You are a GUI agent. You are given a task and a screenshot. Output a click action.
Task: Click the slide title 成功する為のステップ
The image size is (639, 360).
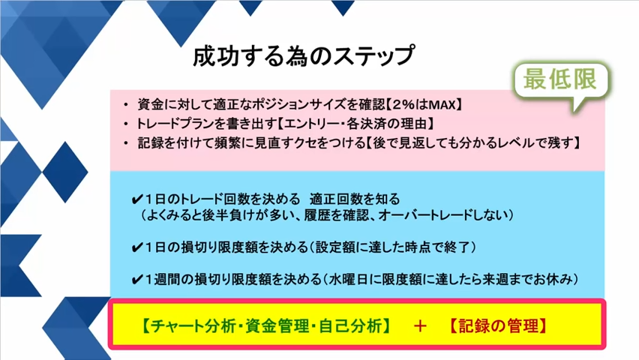coord(304,55)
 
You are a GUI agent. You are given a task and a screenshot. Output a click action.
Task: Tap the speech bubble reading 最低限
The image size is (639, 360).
coord(561,82)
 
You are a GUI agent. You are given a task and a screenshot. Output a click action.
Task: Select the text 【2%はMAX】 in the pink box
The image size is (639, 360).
coord(424,105)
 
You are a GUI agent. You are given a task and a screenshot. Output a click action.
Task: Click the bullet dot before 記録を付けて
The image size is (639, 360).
coord(126,143)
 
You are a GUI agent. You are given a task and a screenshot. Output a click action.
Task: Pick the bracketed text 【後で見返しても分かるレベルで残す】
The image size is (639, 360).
coord(472,142)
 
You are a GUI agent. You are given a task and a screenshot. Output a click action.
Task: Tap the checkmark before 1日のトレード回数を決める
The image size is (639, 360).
coord(137,199)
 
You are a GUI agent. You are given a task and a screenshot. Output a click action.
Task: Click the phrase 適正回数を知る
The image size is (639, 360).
coord(355,199)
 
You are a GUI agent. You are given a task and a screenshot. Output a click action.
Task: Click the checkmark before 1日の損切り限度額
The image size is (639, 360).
coord(137,247)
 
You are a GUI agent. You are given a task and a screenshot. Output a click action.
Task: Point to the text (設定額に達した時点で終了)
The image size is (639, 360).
coord(393,247)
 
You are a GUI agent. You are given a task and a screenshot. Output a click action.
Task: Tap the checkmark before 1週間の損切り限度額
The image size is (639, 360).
coord(137,280)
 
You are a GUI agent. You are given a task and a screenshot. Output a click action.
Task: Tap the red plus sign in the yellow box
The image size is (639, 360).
coord(420,326)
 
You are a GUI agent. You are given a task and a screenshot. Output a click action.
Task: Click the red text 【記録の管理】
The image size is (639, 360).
coord(498,325)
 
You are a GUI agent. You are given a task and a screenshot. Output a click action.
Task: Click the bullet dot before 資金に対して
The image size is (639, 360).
coord(126,105)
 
